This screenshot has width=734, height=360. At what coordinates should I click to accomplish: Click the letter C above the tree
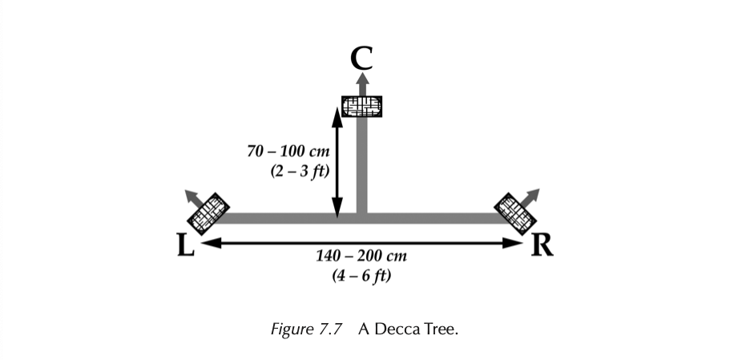point(361,58)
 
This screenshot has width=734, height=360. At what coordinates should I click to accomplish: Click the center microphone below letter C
point(361,106)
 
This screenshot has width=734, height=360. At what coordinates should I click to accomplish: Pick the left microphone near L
point(208,211)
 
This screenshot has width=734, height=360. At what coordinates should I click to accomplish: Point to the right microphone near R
point(514,210)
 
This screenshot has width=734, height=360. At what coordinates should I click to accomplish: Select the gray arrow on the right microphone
point(532,195)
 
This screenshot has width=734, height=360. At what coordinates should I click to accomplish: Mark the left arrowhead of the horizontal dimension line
point(207,241)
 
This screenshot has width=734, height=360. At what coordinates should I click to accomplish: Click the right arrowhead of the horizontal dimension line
point(517,241)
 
